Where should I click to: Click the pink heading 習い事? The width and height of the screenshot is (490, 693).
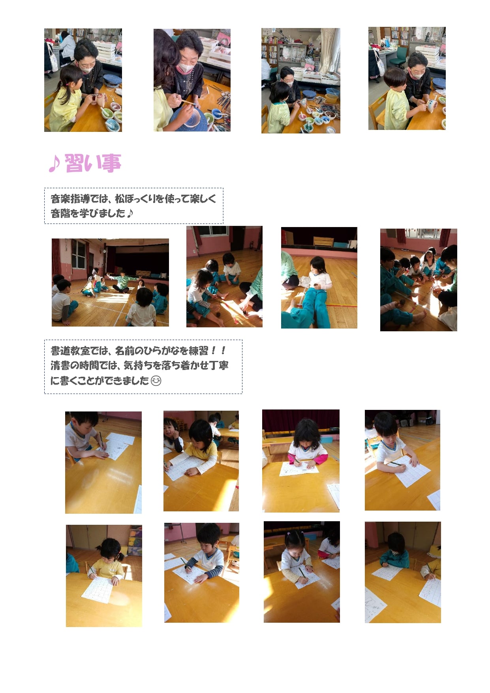tap(93, 163)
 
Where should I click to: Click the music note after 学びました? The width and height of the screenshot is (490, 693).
tap(130, 213)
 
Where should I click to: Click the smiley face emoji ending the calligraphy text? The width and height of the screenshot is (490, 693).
tap(156, 381)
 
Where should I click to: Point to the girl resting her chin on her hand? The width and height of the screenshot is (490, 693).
tap(172, 434)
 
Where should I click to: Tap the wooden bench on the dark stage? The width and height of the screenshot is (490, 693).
tap(323, 241)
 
